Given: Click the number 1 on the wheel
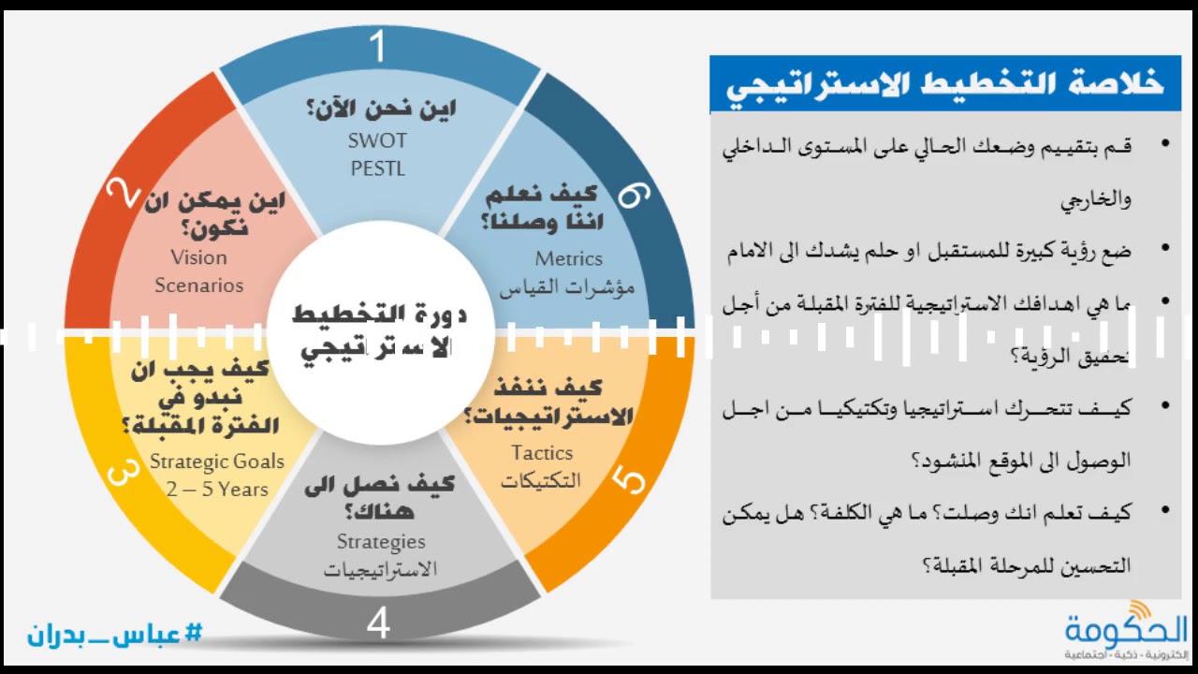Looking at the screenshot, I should (378, 45).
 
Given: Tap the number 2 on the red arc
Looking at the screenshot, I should (123, 195).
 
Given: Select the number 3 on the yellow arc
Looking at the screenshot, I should (124, 471).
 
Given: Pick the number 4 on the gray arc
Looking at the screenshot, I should (378, 623).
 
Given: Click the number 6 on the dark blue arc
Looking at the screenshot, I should (634, 195).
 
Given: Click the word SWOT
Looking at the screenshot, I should (378, 141).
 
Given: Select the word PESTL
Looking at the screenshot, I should (378, 168).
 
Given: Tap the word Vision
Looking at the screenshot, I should (199, 257).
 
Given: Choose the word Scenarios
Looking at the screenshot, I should (199, 286).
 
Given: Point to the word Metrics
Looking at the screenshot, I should (568, 259).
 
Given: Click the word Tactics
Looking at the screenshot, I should (542, 453).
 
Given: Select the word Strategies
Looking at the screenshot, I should (381, 542).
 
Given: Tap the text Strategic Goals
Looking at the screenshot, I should (217, 462).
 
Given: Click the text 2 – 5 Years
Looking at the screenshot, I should (217, 489).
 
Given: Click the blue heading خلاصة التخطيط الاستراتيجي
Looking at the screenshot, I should (945, 83).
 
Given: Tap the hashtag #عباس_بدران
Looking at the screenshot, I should (115, 634).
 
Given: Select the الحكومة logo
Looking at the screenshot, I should (1127, 629).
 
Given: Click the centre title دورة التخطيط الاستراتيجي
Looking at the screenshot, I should (379, 332).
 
